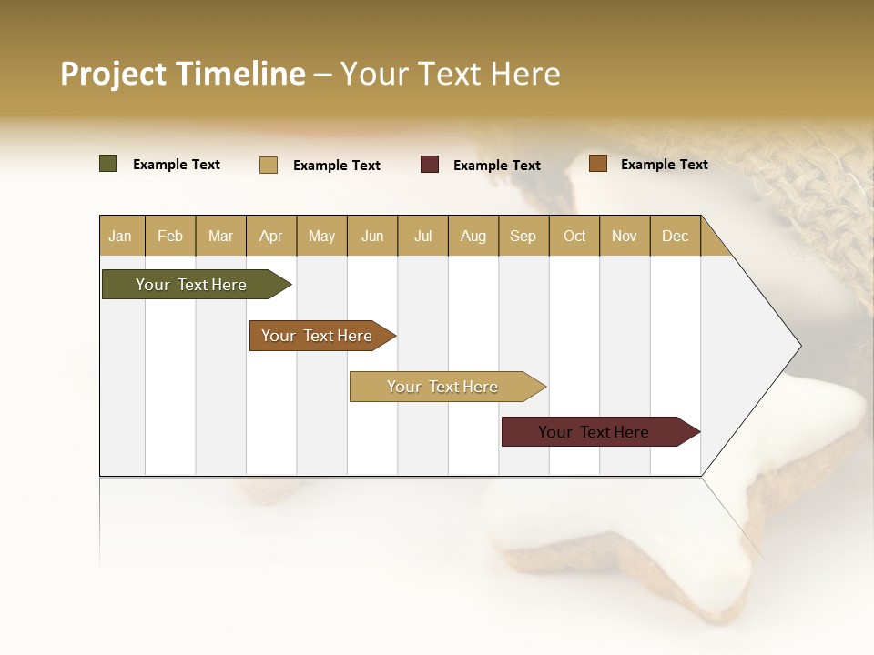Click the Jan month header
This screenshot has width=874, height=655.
point(120,236)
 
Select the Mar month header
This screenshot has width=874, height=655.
point(220,236)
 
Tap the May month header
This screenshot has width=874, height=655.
point(321,236)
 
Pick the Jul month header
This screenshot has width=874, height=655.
point(422,236)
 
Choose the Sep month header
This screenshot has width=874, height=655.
point(523,236)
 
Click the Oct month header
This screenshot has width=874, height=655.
point(574,236)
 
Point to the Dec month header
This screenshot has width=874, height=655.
point(675,236)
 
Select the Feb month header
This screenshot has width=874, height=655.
point(170,236)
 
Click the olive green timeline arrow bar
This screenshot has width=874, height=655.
point(192,285)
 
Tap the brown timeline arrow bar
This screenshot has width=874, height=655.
point(318,336)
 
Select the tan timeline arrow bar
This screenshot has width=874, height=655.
point(443,387)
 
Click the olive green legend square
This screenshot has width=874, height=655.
point(108,164)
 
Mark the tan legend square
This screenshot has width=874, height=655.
point(269,165)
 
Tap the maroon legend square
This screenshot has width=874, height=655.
point(430,165)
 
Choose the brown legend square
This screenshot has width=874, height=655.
point(597,164)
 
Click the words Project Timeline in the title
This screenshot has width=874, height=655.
point(182,74)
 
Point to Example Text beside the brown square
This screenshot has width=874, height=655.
point(664,165)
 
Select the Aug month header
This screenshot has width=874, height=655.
point(473,236)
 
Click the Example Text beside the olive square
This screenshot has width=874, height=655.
point(177,165)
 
